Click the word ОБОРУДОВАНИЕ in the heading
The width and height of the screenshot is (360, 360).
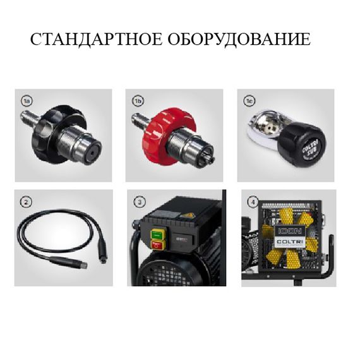[x=239, y=40]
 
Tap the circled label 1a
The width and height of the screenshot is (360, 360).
[x=27, y=100]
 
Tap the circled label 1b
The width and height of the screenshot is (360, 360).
[x=138, y=100]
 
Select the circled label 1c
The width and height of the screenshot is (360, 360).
[x=249, y=100]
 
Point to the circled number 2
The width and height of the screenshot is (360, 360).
[x=26, y=202]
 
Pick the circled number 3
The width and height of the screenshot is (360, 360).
[x=138, y=202]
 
